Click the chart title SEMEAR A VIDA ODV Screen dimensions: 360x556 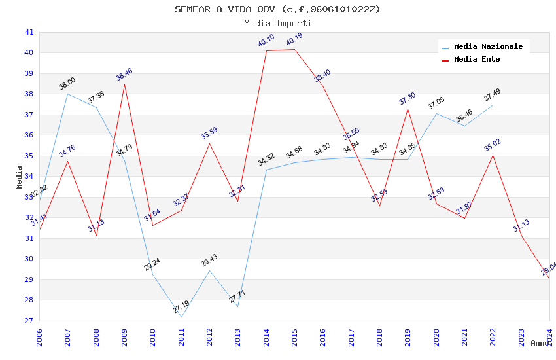(277, 9)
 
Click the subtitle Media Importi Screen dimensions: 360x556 (277, 23)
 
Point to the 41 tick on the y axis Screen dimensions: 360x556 (29, 32)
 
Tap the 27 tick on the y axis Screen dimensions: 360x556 (29, 321)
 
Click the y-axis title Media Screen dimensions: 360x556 (20, 177)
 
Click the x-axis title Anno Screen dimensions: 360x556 (540, 343)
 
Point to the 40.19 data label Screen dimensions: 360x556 (294, 40)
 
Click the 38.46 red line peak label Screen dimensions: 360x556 (124, 74)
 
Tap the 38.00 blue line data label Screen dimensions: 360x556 (67, 84)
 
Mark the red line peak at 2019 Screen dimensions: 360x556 (408, 108)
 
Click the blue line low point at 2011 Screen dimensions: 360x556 (181, 317)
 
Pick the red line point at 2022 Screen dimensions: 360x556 (493, 155)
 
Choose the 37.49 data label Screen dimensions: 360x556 (493, 95)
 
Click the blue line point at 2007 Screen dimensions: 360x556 (67, 94)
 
